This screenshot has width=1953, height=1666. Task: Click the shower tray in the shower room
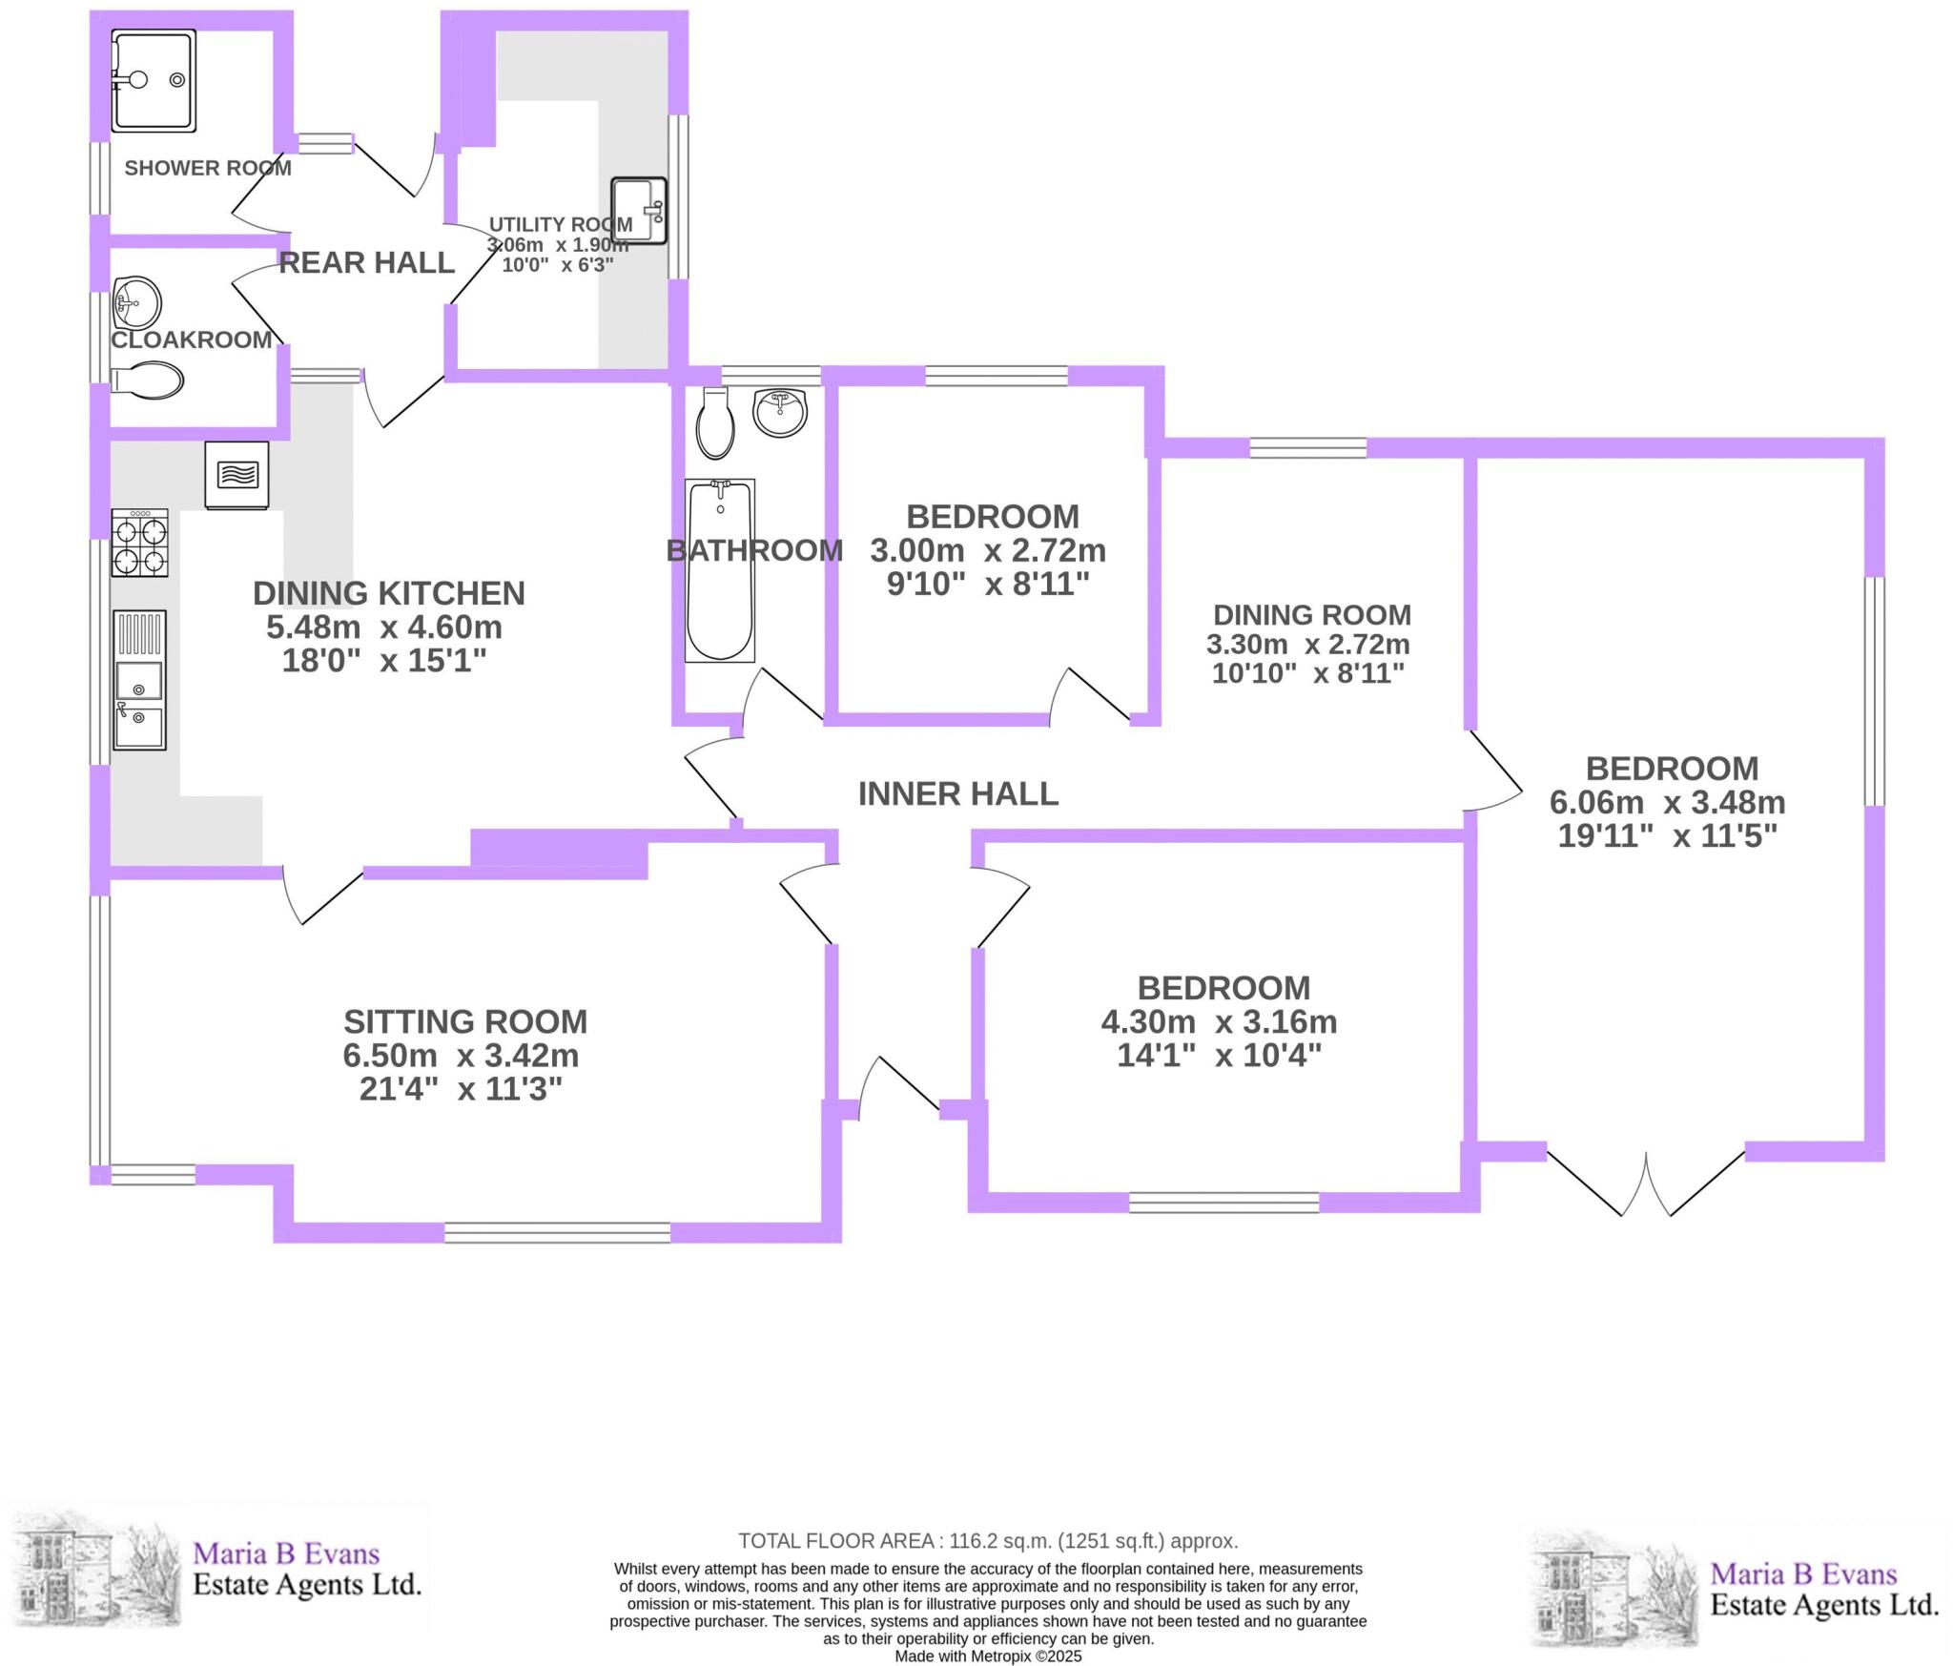point(154,80)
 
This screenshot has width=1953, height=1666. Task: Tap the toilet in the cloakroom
point(148,381)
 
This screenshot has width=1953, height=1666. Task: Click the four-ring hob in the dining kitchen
point(139,543)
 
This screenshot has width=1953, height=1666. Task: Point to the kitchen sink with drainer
point(139,679)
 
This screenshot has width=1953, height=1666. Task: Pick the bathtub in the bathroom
point(720,570)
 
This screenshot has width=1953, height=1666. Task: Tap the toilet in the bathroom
point(715,423)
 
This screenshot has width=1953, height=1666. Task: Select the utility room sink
point(639,210)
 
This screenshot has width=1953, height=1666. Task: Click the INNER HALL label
point(957,793)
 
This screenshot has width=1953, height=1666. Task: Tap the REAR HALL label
point(366,262)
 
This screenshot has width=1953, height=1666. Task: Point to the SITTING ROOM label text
point(465,1021)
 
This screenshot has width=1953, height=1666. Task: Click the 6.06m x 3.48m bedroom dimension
point(1668,802)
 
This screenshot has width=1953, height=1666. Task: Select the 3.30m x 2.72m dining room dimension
point(1307,644)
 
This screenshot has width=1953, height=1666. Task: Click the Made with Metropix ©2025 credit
point(988,1656)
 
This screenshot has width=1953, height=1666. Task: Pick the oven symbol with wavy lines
point(236,474)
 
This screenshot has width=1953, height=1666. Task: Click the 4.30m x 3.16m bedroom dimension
point(1219,1021)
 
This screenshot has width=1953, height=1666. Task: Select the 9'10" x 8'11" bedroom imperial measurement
point(988,584)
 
